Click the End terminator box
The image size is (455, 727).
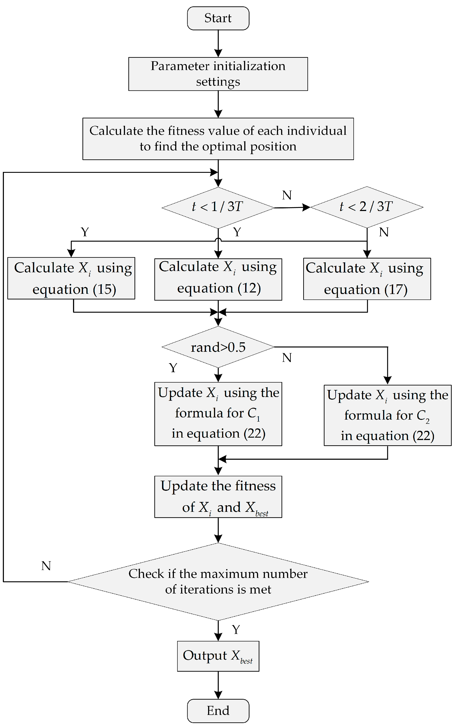(218, 711)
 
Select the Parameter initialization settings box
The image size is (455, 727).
(218, 74)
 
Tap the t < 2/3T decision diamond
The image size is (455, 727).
(367, 207)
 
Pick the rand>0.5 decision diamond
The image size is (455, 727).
(218, 347)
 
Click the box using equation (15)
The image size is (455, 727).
(71, 278)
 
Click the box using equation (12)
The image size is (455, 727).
(218, 279)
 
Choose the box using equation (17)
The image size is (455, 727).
(367, 279)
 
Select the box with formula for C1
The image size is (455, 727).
(218, 414)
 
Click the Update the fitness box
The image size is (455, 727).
(218, 496)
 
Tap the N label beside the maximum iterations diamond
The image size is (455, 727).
(46, 566)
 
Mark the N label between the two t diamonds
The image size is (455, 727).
(287, 195)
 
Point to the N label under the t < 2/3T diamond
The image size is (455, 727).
(384, 232)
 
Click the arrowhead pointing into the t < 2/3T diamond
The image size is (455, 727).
(306, 207)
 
